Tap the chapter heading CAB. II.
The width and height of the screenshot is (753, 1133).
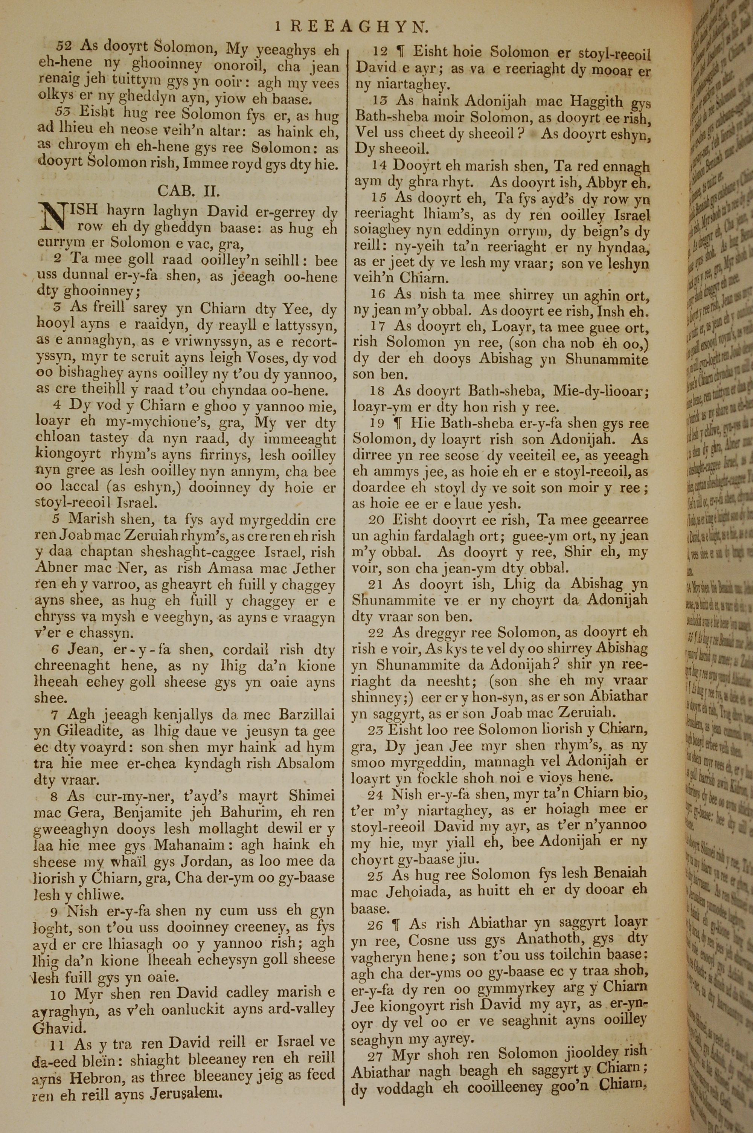click(x=189, y=191)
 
